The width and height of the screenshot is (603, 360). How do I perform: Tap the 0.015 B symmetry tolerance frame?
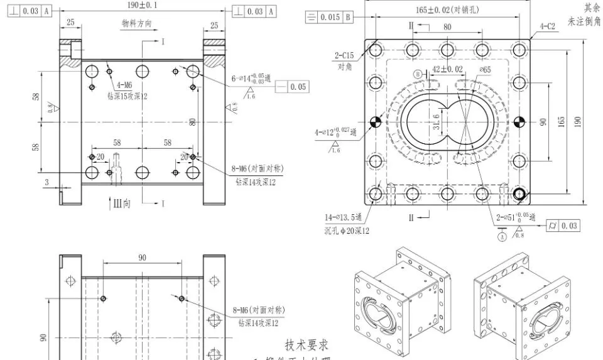point(329,17)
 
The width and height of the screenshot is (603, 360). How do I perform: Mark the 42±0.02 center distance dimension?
point(448,69)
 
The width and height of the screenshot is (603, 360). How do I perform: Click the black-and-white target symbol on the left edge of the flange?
point(375,122)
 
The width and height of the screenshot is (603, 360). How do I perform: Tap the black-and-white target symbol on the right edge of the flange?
point(519,122)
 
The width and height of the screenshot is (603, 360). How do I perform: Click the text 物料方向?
point(136,23)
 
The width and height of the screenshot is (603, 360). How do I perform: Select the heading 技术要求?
point(307,345)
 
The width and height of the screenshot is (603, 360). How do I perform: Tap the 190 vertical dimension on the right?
point(577,121)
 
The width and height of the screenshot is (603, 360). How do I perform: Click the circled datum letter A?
point(503,237)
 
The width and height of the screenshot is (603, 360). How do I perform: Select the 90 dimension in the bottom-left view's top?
point(143,258)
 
